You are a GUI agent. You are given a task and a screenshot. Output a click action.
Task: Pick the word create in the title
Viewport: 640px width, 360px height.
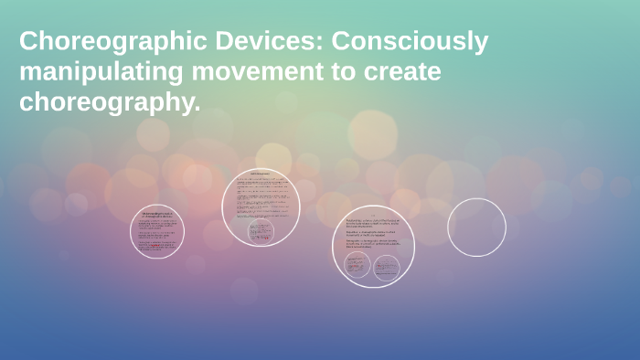(400, 73)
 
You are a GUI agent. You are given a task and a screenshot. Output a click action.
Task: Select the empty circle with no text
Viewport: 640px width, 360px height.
(476, 228)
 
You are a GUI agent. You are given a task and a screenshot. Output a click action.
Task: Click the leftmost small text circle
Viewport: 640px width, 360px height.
(157, 231)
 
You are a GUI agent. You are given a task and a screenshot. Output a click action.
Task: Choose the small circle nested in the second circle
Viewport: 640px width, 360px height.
(261, 231)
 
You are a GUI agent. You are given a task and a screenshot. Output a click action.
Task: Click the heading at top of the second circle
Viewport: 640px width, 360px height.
(261, 174)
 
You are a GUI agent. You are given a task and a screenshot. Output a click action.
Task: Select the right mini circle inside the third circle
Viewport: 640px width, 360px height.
(386, 268)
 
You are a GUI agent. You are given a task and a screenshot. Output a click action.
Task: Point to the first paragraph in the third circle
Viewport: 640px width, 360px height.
(372, 223)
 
